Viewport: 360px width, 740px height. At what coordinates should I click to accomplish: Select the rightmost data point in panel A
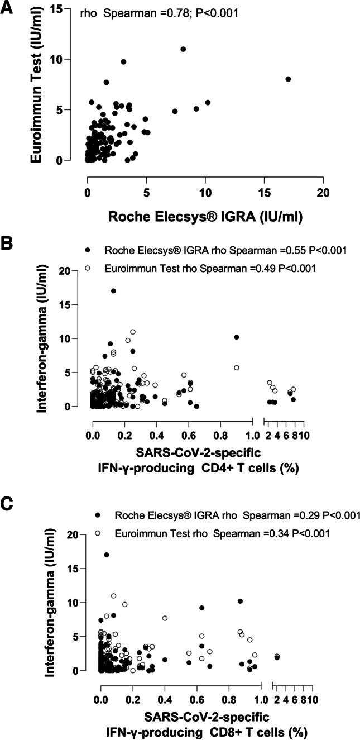point(288,79)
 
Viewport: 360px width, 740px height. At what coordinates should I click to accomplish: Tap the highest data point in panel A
point(183,49)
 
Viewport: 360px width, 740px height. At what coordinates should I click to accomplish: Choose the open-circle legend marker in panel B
point(88,268)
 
